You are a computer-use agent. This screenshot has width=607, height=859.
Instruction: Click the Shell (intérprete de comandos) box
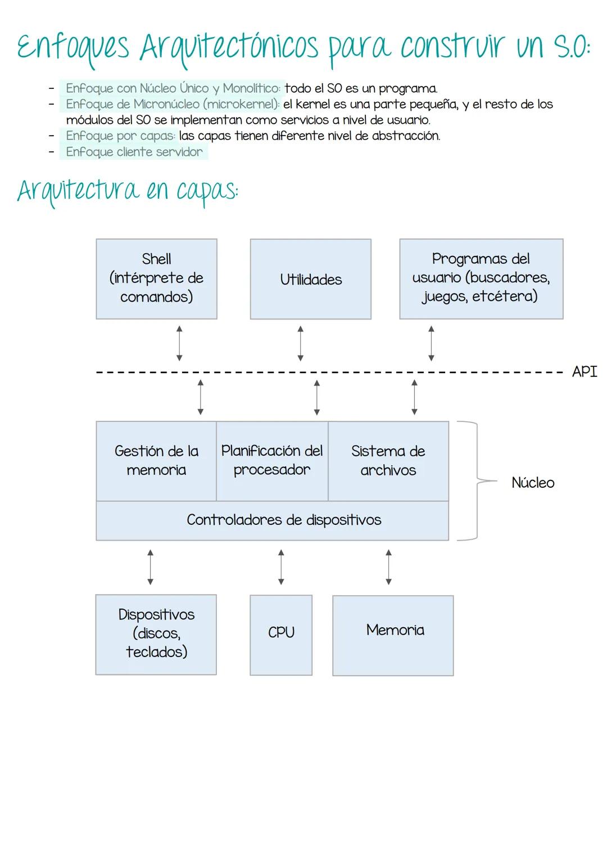156,278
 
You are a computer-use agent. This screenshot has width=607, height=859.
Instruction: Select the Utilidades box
310,279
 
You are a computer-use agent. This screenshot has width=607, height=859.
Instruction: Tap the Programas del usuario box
481,278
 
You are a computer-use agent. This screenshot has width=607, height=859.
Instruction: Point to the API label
584,372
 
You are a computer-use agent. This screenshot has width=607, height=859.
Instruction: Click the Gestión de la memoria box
156,461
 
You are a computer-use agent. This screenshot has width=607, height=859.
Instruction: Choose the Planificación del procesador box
272,461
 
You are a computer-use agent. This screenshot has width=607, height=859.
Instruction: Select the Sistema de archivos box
388,461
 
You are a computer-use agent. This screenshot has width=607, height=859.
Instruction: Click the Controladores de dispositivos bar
273,520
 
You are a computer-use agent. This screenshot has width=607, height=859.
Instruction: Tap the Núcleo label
532,483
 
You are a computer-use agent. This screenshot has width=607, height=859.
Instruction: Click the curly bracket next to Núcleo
475,481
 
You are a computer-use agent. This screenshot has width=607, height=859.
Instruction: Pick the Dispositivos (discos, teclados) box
156,634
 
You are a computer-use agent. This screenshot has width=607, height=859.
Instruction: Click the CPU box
281,633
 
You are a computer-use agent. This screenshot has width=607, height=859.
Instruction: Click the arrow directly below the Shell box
179,343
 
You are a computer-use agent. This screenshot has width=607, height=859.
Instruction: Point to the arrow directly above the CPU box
281,567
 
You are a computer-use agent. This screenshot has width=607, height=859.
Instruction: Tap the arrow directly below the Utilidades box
301,343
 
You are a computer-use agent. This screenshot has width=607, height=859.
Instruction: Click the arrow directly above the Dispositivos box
150,567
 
